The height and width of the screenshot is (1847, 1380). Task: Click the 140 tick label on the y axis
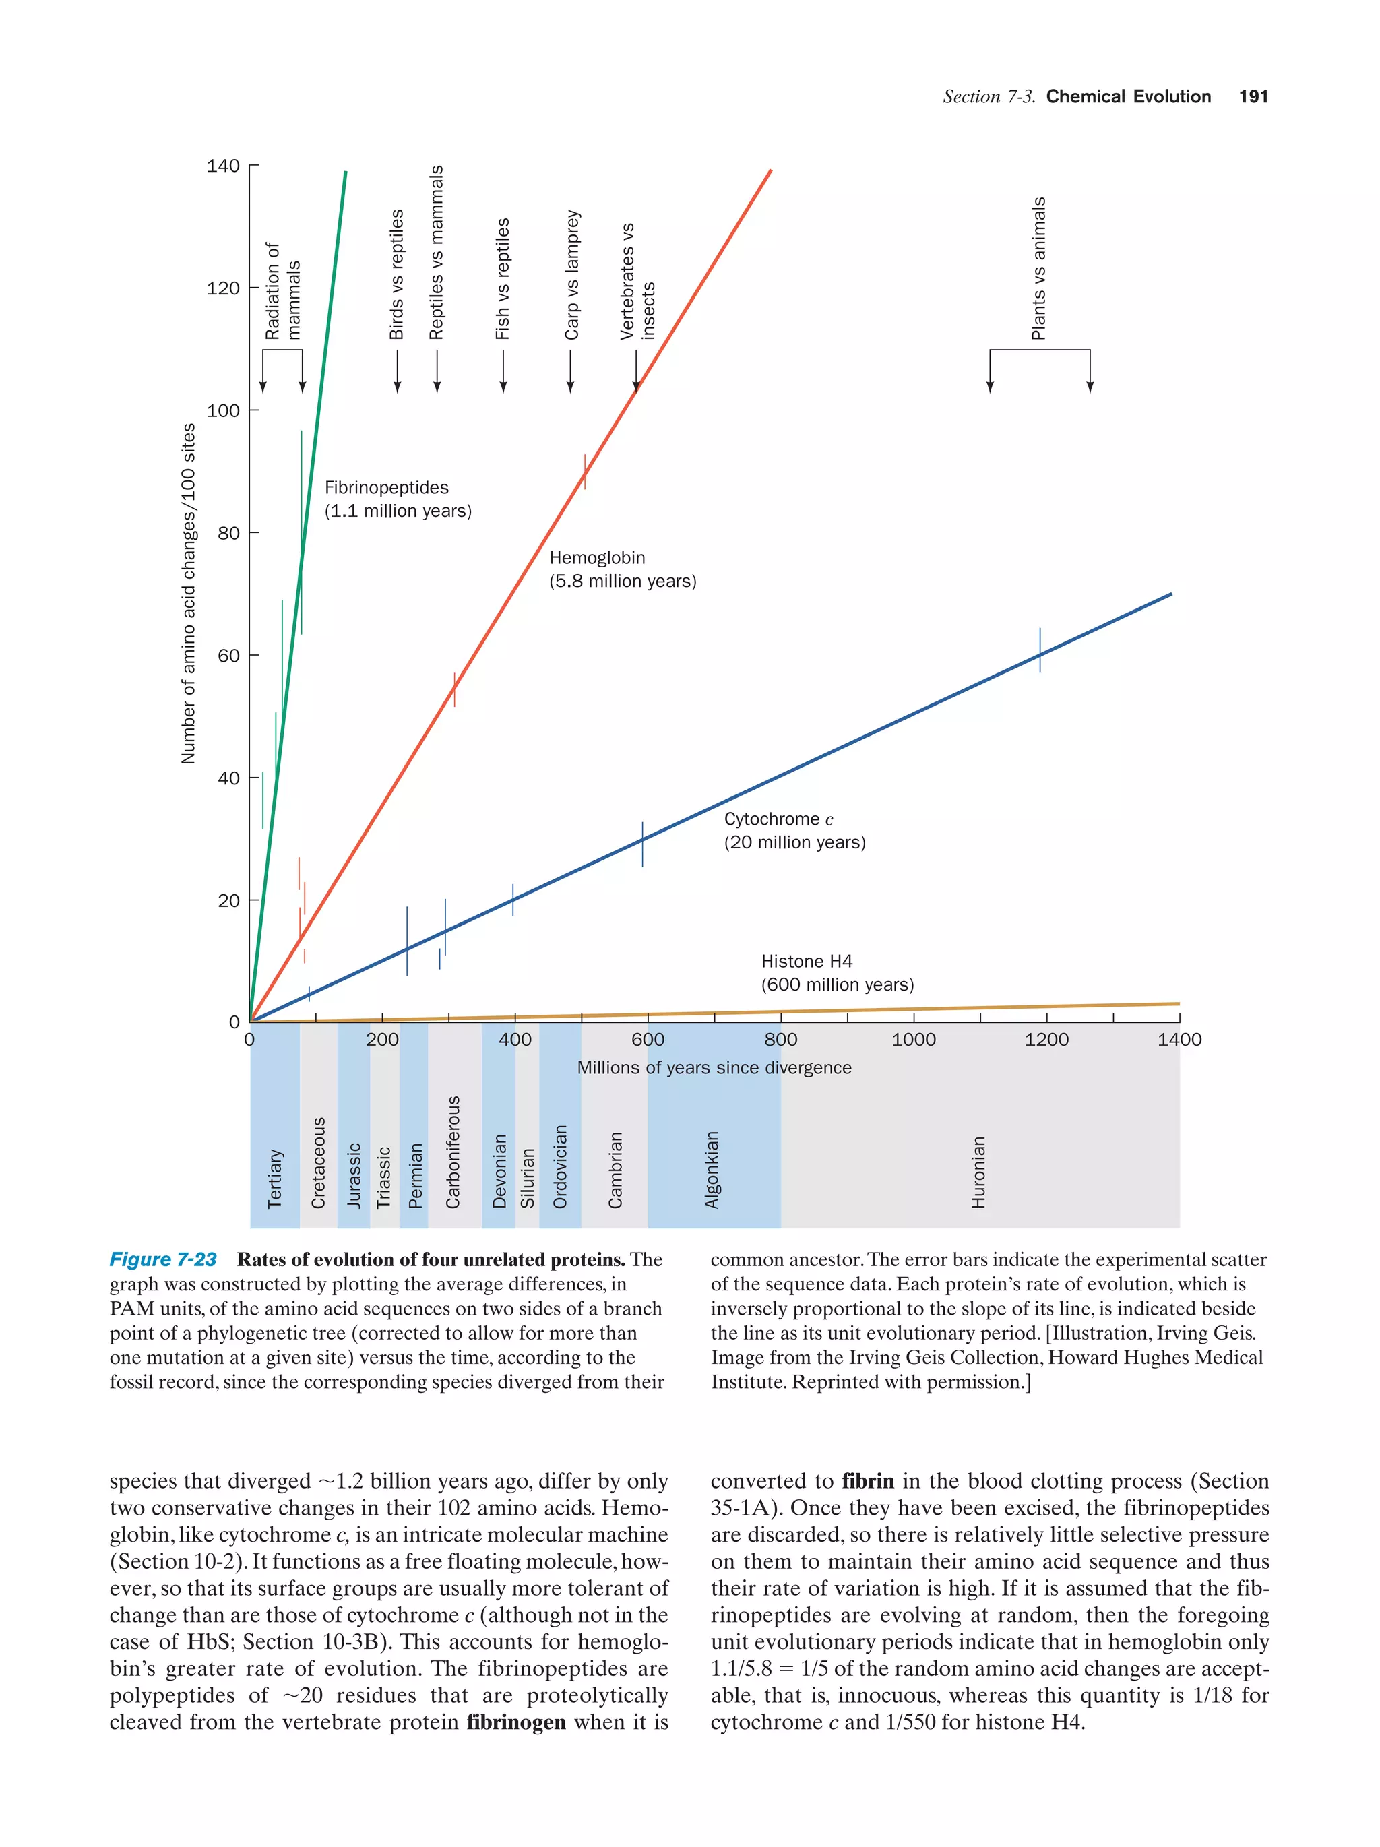(223, 166)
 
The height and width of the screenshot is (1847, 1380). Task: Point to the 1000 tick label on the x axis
(912, 1040)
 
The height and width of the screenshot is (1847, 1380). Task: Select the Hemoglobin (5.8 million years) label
(622, 569)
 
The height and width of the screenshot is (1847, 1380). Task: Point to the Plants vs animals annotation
(1038, 268)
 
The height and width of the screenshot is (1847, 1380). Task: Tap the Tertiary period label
(275, 1178)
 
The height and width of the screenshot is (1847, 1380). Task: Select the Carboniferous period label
(453, 1152)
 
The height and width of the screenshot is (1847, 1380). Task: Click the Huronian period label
(978, 1172)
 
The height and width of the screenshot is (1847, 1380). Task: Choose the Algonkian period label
(712, 1169)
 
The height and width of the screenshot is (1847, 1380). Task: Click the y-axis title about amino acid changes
(189, 593)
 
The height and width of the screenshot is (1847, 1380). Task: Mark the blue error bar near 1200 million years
(1040, 650)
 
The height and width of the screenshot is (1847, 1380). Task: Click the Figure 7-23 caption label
(163, 1259)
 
